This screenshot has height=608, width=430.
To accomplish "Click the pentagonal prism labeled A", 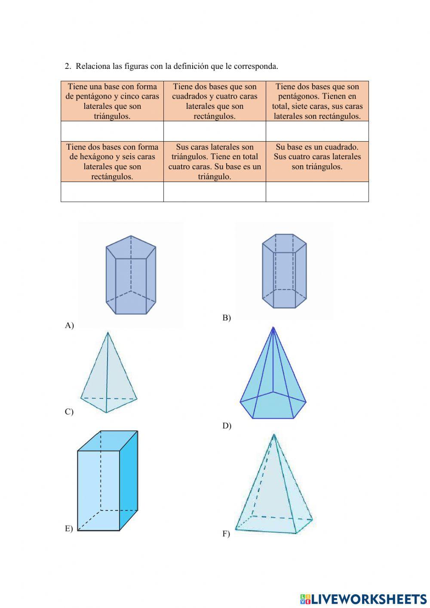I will (131, 275).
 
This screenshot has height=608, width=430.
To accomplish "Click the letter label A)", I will (69, 325).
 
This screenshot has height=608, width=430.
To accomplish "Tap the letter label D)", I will (227, 426).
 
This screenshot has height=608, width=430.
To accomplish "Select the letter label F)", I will (226, 534).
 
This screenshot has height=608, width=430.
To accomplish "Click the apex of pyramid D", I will (273, 328).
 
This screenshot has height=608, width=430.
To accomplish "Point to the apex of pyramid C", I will (107, 333).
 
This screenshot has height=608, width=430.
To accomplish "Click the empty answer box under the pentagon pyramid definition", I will (112, 131).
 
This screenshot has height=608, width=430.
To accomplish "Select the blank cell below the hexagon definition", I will (112, 191).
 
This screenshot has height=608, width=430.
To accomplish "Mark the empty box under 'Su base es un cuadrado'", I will (317, 191).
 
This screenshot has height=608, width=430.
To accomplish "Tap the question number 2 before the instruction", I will (67, 66).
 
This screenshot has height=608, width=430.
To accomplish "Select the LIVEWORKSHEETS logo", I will (363, 599).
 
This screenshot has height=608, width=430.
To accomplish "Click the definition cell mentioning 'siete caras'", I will (317, 101).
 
